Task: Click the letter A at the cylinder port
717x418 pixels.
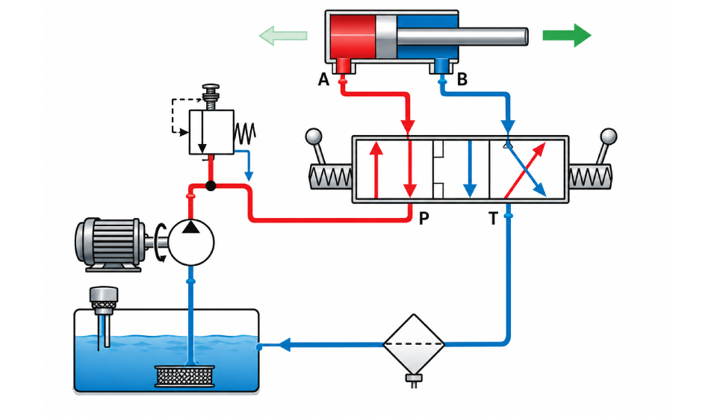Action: coord(323,79)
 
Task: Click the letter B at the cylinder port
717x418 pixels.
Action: coord(462,79)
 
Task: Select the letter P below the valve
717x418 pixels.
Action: coord(424,219)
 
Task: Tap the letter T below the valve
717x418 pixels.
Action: coord(493,219)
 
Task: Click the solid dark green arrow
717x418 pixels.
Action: coord(567,35)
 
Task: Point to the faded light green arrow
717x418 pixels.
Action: coord(283,36)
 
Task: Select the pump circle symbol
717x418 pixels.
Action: coord(191,242)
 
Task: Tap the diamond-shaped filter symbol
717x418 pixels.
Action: coord(413,343)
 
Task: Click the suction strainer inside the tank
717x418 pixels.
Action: coord(184,376)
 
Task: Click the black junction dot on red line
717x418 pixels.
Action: coord(211,185)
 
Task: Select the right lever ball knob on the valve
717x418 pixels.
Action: coord(609,136)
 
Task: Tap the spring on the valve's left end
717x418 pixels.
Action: coord(331,176)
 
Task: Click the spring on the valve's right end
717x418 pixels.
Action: coord(591,176)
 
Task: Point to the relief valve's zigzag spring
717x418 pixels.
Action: coord(245,133)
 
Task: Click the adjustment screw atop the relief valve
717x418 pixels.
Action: coord(211,97)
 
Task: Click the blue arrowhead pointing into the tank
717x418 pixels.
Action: coord(285,344)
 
